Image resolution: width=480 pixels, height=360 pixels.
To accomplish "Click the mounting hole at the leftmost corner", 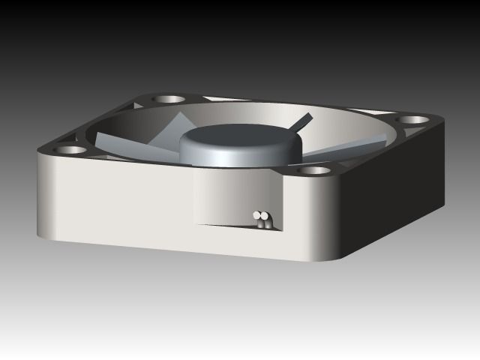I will pyautogui.click(x=71, y=149).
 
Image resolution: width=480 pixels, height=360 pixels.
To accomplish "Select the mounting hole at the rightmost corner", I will pyautogui.click(x=409, y=119).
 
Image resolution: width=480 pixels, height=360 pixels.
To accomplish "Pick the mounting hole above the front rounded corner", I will pyautogui.click(x=316, y=170).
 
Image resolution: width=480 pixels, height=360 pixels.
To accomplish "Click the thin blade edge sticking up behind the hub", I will pyautogui.click(x=302, y=122).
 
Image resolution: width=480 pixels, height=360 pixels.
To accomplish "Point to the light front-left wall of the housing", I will pyautogui.click(x=112, y=199).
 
